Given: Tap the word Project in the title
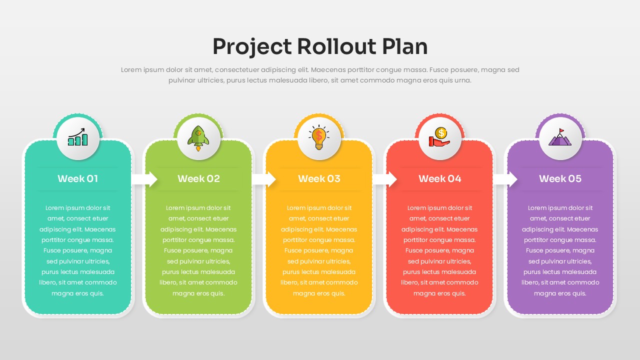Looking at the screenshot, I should tap(251, 46).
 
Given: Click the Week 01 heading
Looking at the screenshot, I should tap(77, 178).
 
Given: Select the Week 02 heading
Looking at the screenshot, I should tap(198, 178).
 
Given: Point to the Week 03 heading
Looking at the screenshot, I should tap(319, 178).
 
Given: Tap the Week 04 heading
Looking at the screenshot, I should tap(439, 178).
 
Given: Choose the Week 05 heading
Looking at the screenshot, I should tap(560, 178).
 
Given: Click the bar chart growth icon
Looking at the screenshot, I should tap(78, 137).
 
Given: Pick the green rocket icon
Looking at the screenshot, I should tap(198, 137).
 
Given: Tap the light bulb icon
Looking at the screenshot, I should tap(319, 137).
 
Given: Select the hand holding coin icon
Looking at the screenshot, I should tap(439, 137).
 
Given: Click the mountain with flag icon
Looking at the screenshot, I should tap(560, 137).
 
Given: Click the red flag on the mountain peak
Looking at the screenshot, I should tap(561, 131).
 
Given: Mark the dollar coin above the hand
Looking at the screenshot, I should tap(440, 132).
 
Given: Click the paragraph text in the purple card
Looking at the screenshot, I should tap(560, 250).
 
